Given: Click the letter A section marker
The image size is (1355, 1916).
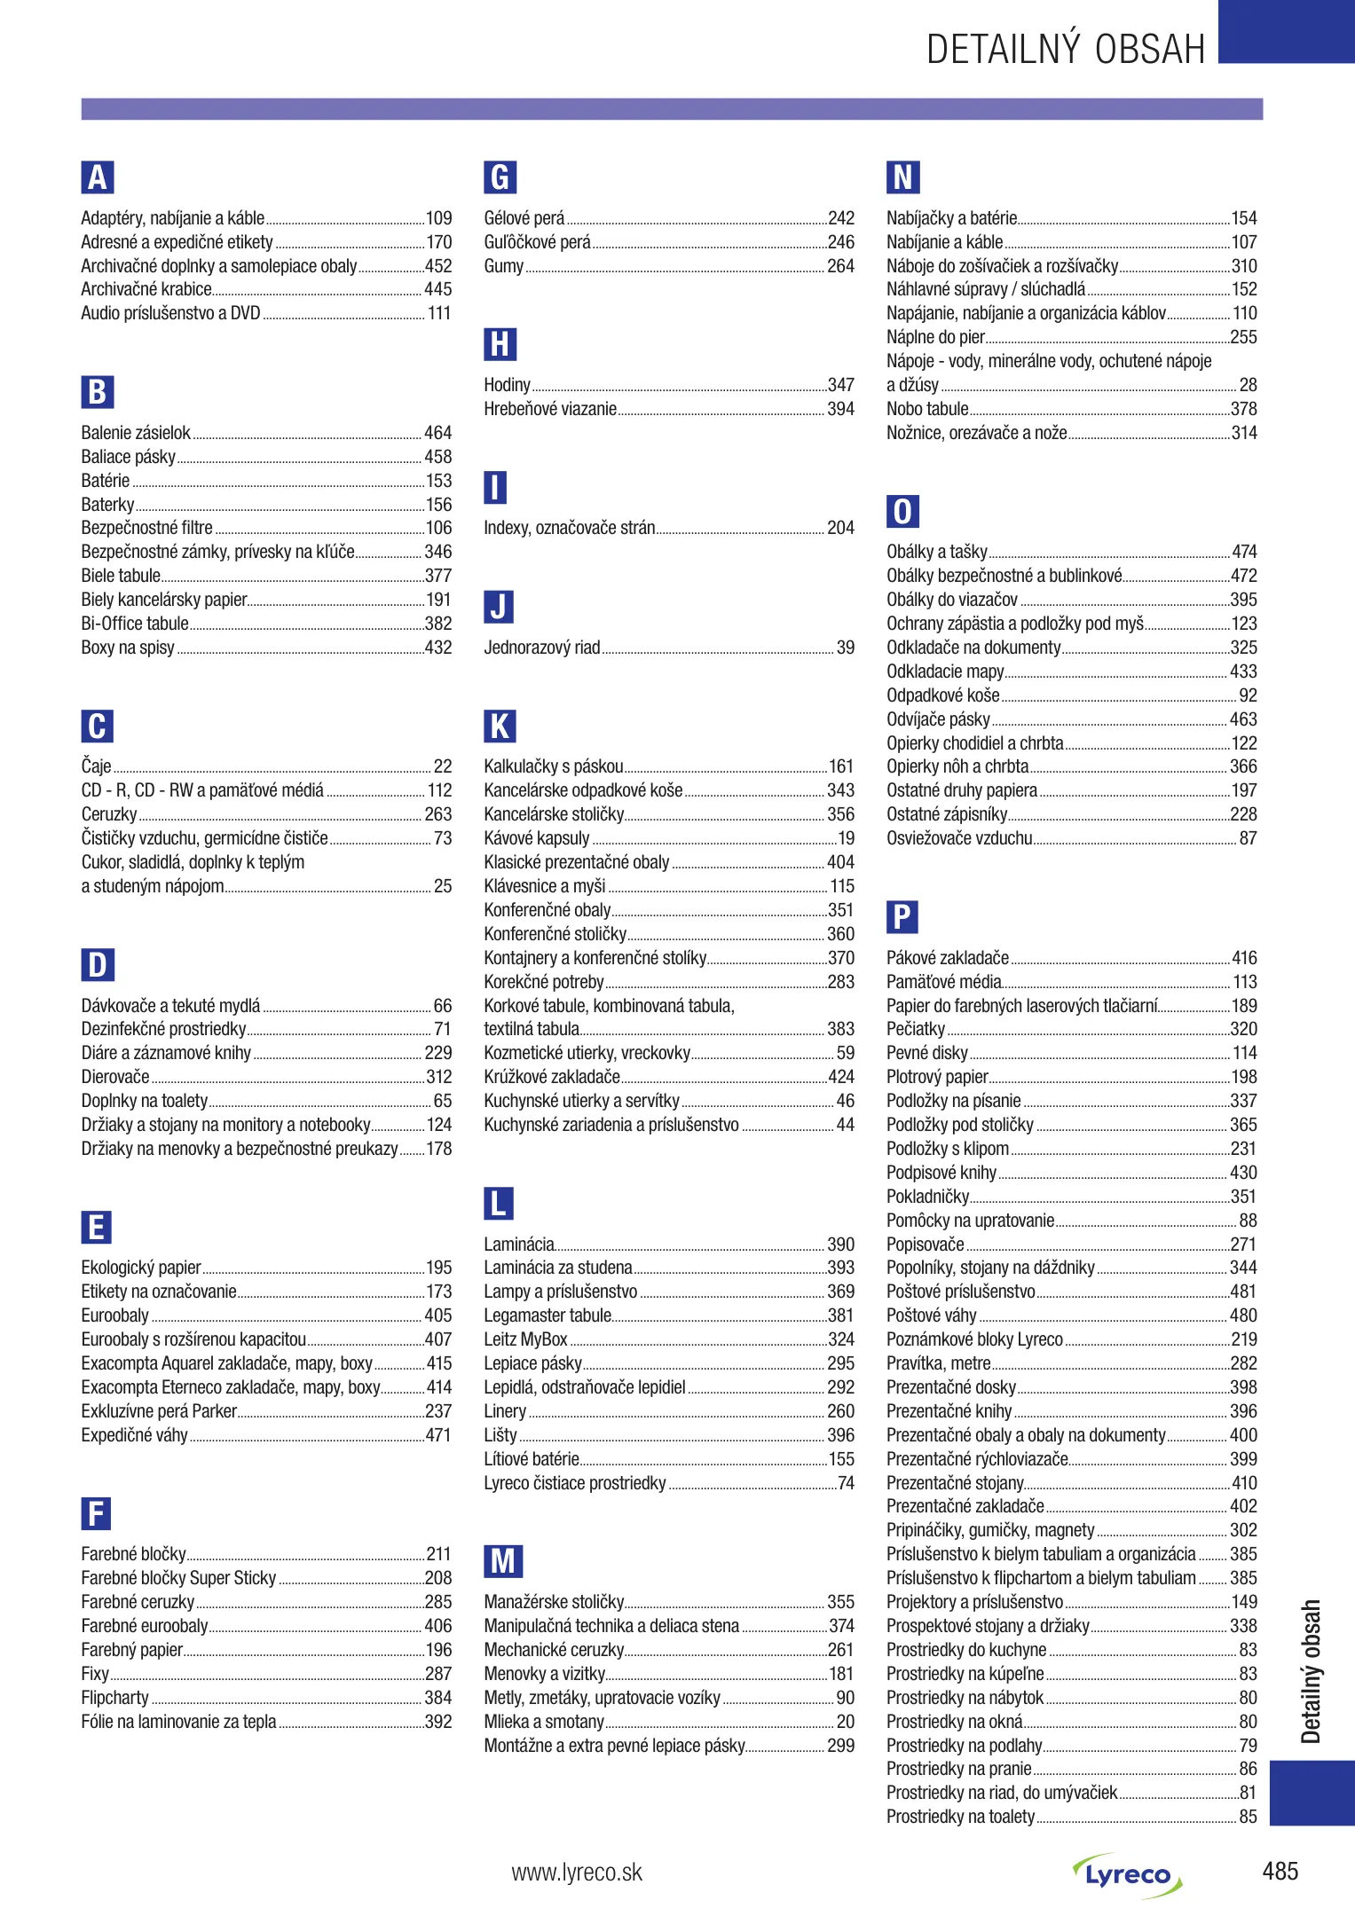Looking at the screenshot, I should [x=98, y=177].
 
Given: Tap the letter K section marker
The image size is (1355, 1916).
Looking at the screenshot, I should [x=500, y=726].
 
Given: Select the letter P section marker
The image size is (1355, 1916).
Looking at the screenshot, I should [x=902, y=916].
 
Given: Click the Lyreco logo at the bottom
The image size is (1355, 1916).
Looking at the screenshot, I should [x=1127, y=1874].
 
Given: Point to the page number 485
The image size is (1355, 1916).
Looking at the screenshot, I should [x=1280, y=1872].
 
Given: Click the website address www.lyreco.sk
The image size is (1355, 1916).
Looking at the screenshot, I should [x=577, y=1873].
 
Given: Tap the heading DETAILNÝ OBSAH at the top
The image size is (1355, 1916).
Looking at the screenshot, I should [x=1066, y=50].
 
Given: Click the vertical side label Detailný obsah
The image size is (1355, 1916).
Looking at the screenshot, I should [x=1311, y=1671].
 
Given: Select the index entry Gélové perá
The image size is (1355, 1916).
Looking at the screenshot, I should [x=524, y=218].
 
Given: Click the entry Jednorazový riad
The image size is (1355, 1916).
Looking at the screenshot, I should [x=542, y=648].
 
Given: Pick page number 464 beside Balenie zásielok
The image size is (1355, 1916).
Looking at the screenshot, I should [x=438, y=433].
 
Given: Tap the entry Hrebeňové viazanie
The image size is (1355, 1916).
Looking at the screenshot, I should [x=550, y=409].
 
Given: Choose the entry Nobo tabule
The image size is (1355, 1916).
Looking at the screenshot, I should [x=927, y=409].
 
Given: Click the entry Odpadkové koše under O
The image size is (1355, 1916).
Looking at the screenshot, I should [x=943, y=695].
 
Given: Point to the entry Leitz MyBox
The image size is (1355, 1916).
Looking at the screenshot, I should [x=525, y=1339].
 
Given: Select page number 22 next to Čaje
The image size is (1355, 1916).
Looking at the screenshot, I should [x=443, y=766].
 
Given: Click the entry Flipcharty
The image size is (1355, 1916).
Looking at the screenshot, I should [x=115, y=1698].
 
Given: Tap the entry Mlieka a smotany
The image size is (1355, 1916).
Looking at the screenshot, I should [x=544, y=1722].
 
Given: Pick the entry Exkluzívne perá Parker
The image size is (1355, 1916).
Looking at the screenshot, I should [x=159, y=1411].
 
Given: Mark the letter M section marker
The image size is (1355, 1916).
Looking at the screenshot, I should [x=503, y=1561].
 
